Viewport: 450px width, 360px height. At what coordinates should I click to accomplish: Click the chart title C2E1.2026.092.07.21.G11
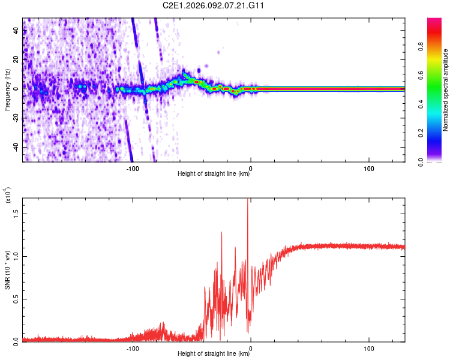[x=214, y=5]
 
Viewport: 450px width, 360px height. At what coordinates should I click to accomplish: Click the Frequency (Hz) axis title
[x=7, y=90]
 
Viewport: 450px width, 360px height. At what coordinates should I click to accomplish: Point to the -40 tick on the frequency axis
[x=16, y=147]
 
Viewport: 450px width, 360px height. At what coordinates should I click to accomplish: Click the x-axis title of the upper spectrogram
[x=214, y=174]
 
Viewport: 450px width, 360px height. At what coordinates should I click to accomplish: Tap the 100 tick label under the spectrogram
[x=368, y=167]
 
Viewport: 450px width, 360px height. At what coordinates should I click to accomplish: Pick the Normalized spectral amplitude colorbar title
[x=446, y=90]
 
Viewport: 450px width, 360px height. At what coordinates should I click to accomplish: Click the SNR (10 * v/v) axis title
[x=7, y=270]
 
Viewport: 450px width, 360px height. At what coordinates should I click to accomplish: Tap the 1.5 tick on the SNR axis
[x=16, y=213]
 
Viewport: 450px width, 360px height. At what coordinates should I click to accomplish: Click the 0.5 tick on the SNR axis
[x=16, y=299]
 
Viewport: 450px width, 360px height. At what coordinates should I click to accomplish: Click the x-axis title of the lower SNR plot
[x=214, y=353]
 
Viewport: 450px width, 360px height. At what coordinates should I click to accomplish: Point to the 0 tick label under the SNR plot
[x=250, y=347]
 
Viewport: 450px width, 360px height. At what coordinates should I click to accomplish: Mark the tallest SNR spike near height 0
[x=248, y=201]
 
